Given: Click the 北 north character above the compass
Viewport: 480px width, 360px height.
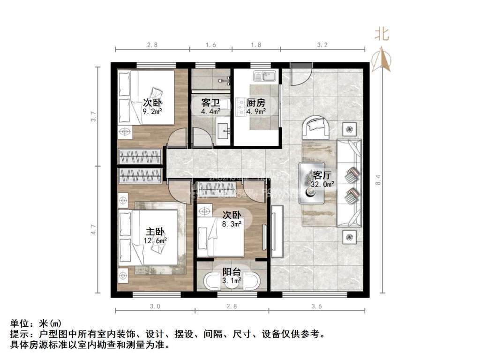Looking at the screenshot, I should point(382,34).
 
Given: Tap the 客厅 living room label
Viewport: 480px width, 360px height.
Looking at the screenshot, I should point(322,176).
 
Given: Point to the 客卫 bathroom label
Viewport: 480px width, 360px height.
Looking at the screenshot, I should point(210,103).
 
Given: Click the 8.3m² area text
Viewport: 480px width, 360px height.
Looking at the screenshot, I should point(232,224).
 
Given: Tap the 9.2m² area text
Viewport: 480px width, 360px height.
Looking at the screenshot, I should point(152,112).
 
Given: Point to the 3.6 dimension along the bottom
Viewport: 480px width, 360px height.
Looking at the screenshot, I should point(316,306).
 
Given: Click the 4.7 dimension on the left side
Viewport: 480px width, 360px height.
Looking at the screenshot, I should point(93,230).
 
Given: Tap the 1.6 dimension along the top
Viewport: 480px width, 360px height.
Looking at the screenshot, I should point(211,45).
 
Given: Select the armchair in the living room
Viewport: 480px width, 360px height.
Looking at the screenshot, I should point(317,127).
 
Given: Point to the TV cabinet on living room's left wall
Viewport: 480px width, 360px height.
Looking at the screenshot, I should point(277,232).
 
